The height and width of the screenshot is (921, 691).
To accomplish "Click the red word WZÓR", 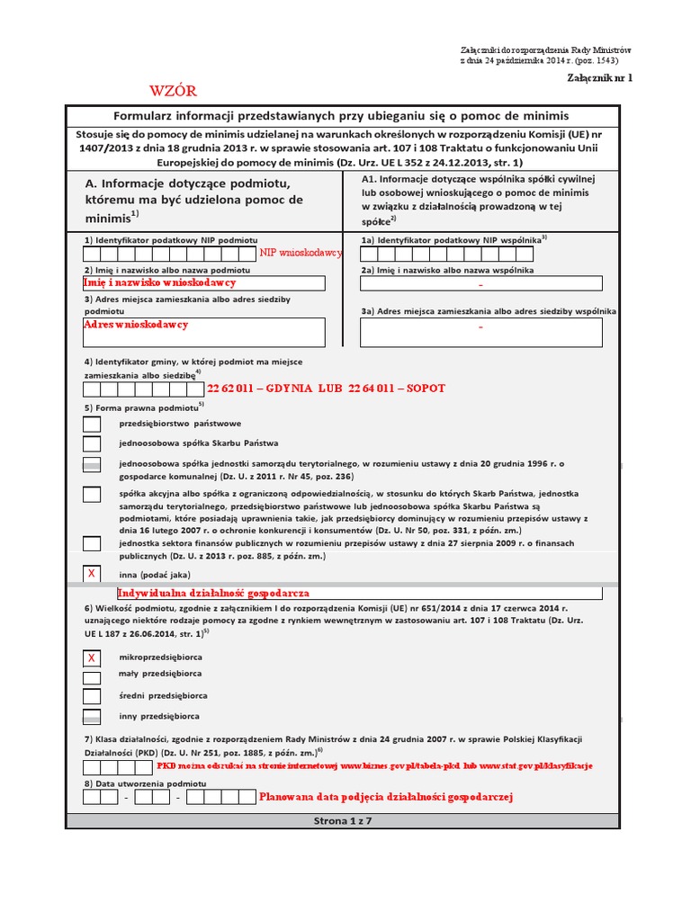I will (x=172, y=91).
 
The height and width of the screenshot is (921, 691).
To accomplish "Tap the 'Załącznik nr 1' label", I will (x=599, y=78).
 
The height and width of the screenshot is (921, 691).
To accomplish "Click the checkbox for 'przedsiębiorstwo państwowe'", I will (x=92, y=423).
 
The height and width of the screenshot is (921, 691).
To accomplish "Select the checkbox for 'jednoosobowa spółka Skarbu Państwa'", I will (x=92, y=443).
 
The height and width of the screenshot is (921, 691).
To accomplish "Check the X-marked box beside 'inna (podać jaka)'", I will (x=92, y=574).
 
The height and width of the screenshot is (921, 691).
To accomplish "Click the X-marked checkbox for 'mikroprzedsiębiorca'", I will (x=92, y=658).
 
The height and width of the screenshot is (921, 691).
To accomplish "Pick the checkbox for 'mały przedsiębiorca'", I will (x=92, y=676).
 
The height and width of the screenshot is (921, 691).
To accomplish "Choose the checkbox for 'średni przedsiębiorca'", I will (x=92, y=696).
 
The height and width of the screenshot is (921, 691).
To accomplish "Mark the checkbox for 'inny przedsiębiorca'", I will (x=92, y=717).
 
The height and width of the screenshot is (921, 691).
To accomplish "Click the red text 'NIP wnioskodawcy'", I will (x=301, y=254).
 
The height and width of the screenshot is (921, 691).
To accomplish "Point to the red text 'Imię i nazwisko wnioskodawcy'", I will (x=159, y=282).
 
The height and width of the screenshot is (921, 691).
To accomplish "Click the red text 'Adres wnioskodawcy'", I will (x=136, y=324).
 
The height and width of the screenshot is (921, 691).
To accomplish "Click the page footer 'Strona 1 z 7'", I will (x=342, y=821).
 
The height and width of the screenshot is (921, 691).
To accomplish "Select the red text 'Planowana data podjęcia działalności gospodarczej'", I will (x=385, y=797).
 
